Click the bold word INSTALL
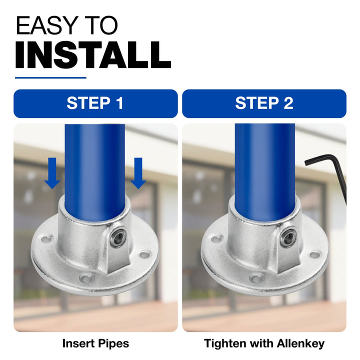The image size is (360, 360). pos(93,54)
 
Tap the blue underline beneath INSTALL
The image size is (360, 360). pos(50,78)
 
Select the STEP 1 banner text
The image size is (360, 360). pos(95,103)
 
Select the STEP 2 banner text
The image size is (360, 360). pos(264,103)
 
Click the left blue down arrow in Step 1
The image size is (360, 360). pos(52,173)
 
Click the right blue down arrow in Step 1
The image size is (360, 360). pos(138,173)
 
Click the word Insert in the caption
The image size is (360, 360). pos(78,343)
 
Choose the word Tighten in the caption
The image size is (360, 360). pos(225,344)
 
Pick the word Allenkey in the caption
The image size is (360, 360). pos(300,344)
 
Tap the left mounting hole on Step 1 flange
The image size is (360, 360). pos(47,239)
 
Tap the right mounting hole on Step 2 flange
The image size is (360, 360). pos(315,255)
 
